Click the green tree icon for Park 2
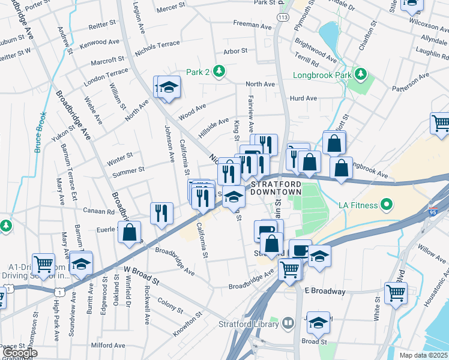220,72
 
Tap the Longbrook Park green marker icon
360,75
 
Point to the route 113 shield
282,19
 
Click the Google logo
19,353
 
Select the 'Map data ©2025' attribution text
423,355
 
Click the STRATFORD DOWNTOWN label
276,187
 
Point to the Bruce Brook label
40,131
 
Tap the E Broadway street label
325,291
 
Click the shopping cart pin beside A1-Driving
44,263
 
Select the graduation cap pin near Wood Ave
169,88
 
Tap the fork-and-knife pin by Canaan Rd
161,213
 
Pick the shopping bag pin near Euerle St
129,232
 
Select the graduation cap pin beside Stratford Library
318,323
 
